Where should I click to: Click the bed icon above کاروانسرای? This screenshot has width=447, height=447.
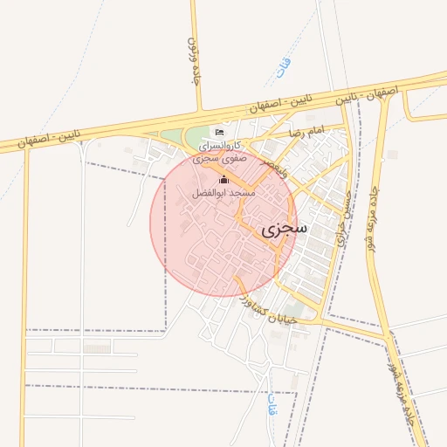[218, 132]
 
